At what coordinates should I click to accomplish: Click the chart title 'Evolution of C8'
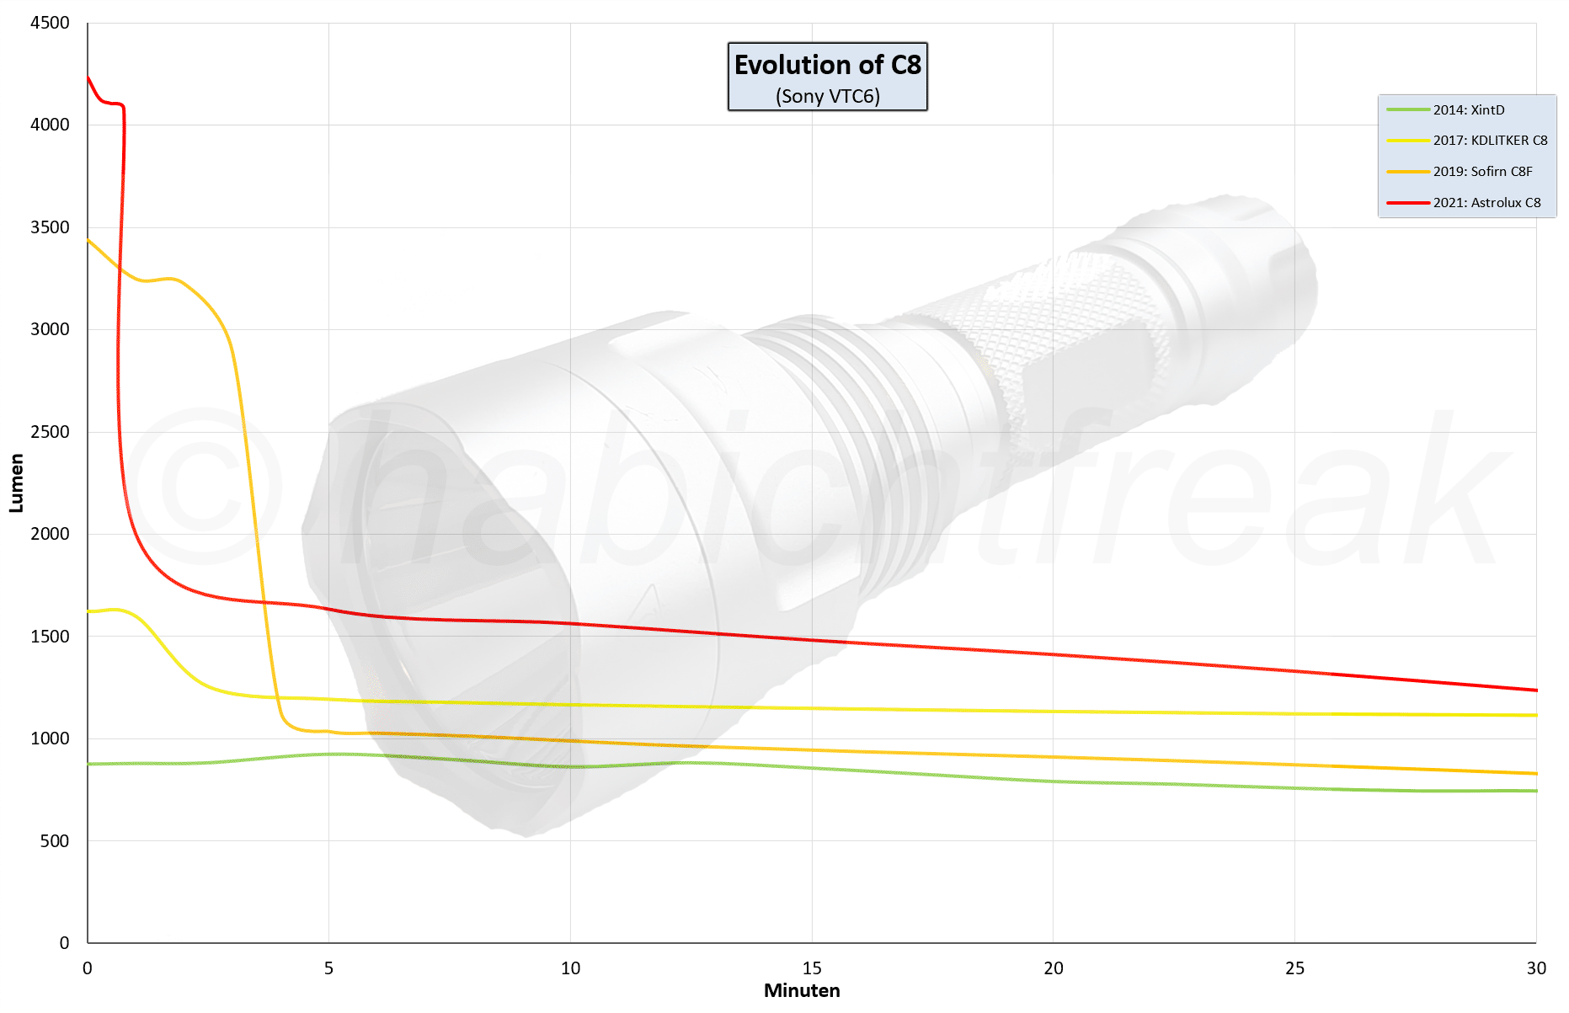tap(827, 65)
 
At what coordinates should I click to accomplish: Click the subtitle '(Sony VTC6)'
tap(827, 96)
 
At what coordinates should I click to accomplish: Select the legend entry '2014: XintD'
tap(1468, 110)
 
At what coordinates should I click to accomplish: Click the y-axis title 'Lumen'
tap(16, 483)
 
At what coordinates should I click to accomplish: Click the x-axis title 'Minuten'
tap(802, 991)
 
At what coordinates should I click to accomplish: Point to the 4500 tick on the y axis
tap(50, 23)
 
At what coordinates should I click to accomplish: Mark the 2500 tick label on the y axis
tap(50, 432)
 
